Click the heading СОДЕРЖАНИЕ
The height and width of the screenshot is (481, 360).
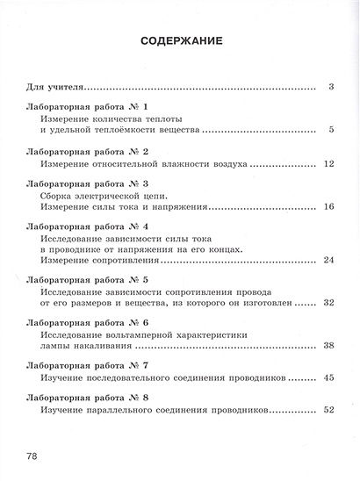tap(179, 41)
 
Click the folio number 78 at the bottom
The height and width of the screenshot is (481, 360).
tap(32, 456)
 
